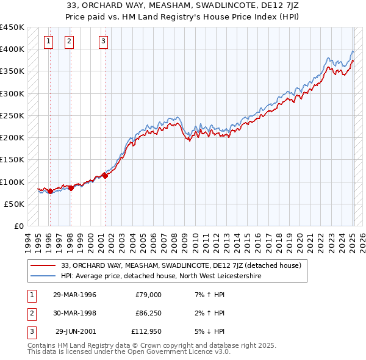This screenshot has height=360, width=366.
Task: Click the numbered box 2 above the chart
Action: (x=69, y=41)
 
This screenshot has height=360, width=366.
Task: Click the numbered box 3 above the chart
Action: (x=104, y=41)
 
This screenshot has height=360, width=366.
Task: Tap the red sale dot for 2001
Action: (x=105, y=176)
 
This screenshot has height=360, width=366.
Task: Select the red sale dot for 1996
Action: (x=50, y=191)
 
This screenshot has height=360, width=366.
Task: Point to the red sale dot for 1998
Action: (x=71, y=187)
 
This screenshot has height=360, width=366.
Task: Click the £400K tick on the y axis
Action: (x=12, y=49)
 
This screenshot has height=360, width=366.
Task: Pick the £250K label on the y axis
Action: (x=12, y=115)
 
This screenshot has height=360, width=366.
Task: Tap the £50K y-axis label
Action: (x=14, y=204)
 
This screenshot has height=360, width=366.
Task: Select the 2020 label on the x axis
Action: (x=298, y=240)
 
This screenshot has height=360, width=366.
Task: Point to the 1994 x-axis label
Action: (x=28, y=240)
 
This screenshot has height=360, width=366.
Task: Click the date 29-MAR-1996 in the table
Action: (x=74, y=295)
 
